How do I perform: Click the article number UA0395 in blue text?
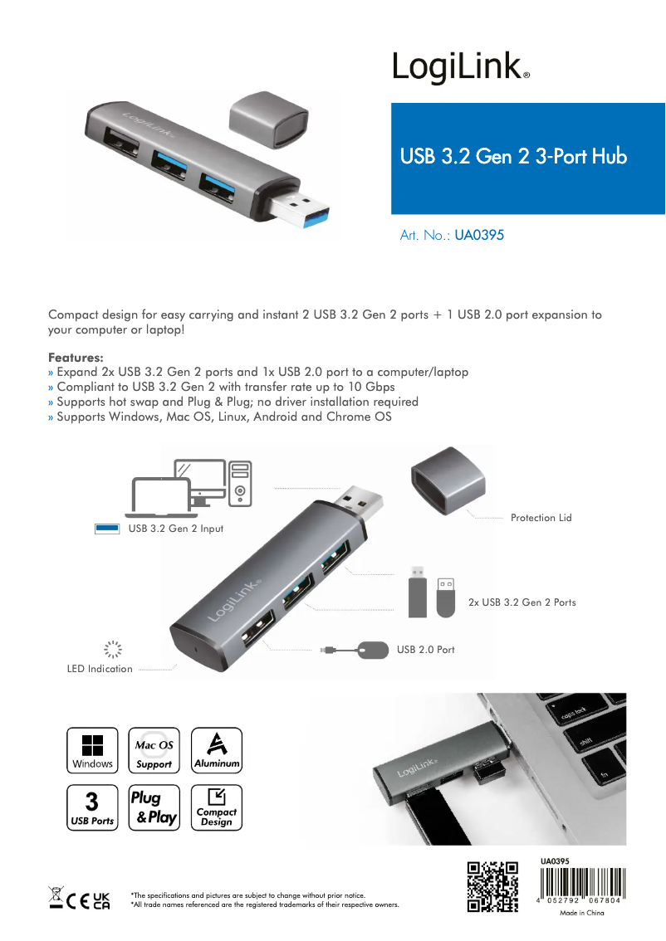pyautogui.click(x=479, y=236)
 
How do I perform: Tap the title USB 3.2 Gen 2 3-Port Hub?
pyautogui.click(x=513, y=156)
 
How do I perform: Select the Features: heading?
pyautogui.click(x=76, y=358)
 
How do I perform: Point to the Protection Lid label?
pyautogui.click(x=541, y=518)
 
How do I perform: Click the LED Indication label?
pyautogui.click(x=100, y=669)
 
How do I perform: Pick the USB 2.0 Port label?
pyautogui.click(x=425, y=650)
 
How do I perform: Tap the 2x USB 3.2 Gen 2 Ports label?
pyautogui.click(x=522, y=602)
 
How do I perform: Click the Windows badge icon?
pyautogui.click(x=92, y=750)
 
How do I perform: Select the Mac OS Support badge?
pyautogui.click(x=154, y=750)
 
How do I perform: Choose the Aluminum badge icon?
pyautogui.click(x=216, y=750)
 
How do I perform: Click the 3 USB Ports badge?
pyautogui.click(x=92, y=807)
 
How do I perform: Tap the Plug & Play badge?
pyautogui.click(x=154, y=807)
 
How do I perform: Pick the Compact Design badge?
pyautogui.click(x=216, y=807)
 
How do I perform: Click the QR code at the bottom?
pyautogui.click(x=493, y=887)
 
